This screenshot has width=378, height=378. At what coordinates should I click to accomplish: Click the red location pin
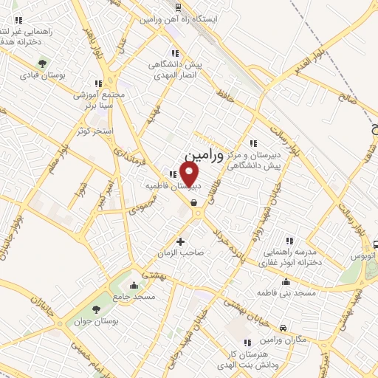190,174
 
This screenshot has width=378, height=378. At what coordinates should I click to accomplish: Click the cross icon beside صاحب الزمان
181,241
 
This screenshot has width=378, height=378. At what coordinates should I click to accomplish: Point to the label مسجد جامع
134,296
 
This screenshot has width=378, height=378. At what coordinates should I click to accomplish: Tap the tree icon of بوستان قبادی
43,63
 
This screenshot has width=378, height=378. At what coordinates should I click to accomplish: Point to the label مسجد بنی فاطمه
286,293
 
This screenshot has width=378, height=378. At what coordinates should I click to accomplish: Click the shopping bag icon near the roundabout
193,204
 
